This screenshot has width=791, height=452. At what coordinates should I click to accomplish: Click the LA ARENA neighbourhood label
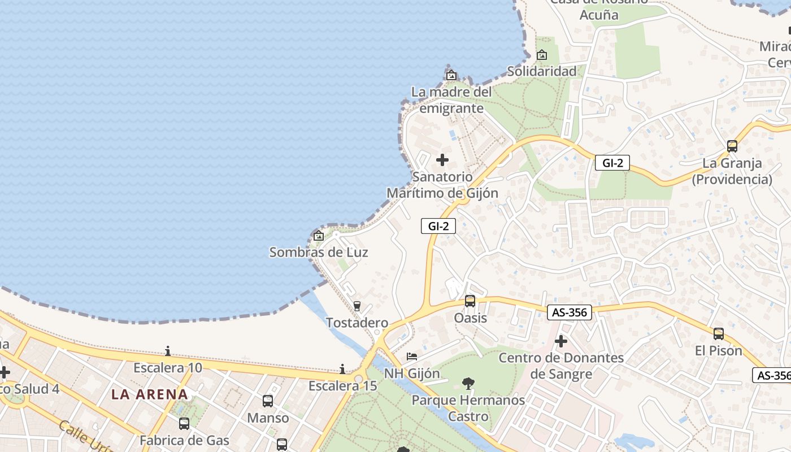coord(150,394)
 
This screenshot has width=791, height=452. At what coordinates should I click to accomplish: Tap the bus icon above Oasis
coord(470,301)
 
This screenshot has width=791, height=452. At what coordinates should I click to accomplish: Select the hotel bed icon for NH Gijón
coord(412,357)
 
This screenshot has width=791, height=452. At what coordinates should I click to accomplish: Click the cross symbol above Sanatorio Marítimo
coord(442,160)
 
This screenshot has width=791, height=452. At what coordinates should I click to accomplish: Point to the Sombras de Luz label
coord(319,252)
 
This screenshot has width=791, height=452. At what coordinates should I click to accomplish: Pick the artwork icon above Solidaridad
coord(542,55)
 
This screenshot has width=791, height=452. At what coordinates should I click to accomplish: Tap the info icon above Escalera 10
coord(167,351)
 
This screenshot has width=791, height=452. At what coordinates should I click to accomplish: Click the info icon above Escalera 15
coord(342,369)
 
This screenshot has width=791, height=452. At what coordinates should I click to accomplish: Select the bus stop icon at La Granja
coord(732,146)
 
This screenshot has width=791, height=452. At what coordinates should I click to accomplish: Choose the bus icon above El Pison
coord(719,334)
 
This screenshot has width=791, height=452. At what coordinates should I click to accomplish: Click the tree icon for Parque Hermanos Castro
coord(468,384)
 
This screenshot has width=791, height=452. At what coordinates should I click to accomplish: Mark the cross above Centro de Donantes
coord(561,341)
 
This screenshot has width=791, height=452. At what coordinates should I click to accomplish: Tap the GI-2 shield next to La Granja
coord(612,163)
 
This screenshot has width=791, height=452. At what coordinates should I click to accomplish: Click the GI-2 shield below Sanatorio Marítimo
coord(438,226)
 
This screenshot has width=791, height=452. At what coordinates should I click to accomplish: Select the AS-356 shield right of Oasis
coord(569,312)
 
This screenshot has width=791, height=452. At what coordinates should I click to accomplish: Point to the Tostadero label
coord(357,323)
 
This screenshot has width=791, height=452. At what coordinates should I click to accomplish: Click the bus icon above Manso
coord(268,401)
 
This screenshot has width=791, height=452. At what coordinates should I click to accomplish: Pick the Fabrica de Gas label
coord(185,440)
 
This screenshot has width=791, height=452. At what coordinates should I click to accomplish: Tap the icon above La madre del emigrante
coord(451,75)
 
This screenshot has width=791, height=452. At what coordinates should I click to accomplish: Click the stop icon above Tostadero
coord(357,306)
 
